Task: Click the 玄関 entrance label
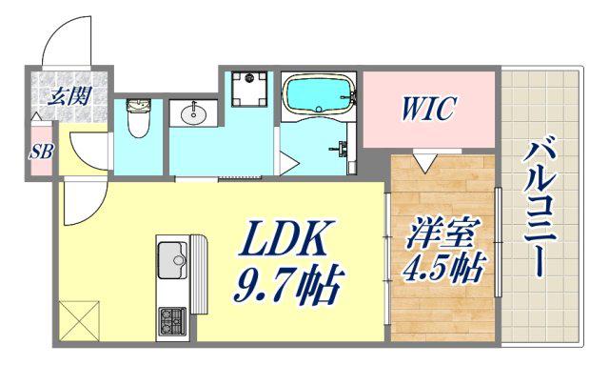[69, 95]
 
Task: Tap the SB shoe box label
[41, 152]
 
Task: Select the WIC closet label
[427, 108]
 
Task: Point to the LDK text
[285, 237]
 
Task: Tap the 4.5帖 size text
[442, 268]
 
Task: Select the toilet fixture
[138, 118]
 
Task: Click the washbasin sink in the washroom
[193, 113]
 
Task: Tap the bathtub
[320, 94]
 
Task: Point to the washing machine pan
[249, 90]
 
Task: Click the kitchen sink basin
[172, 260]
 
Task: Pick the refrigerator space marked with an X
[79, 320]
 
